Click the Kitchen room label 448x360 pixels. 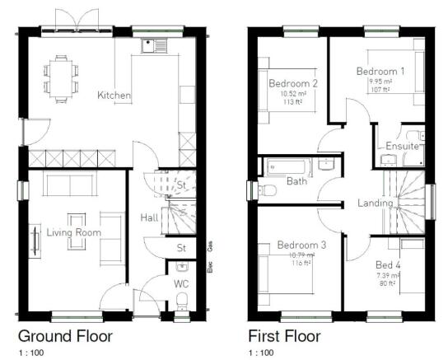[114, 96]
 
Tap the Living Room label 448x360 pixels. [73, 233]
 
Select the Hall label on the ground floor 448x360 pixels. [149, 217]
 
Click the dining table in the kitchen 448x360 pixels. [60, 72]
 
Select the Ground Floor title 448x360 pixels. [65, 336]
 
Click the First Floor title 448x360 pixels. [285, 336]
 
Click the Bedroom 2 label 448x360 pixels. [293, 83]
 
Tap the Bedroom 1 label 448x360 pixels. [380, 72]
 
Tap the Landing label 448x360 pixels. [375, 203]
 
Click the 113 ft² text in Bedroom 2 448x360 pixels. [293, 104]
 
